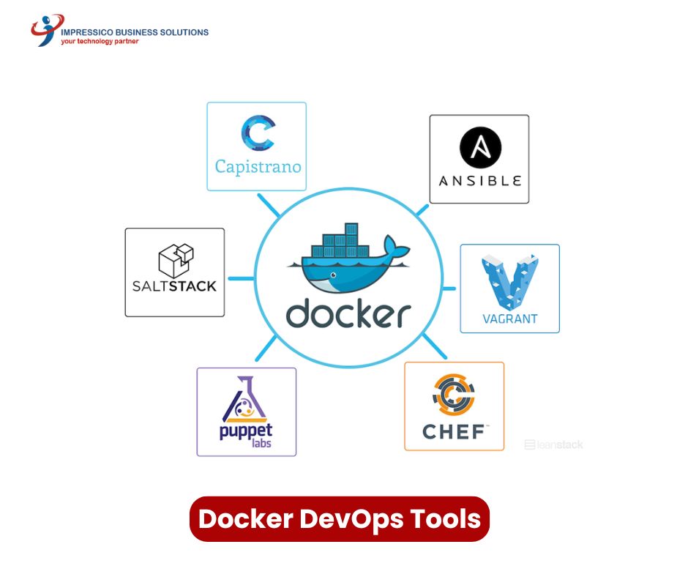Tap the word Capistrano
(258, 167)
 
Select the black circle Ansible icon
(480, 147)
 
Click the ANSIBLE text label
(480, 181)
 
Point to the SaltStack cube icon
(176, 261)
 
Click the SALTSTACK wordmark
(175, 286)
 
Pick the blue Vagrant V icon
(510, 282)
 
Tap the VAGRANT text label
(510, 319)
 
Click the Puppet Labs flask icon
(244, 399)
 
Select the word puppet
(246, 431)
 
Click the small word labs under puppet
(261, 443)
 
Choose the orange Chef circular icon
(454, 395)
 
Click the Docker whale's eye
(334, 275)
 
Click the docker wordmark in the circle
(348, 313)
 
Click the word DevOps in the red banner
(352, 519)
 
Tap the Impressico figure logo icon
(47, 30)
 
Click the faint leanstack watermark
(554, 444)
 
